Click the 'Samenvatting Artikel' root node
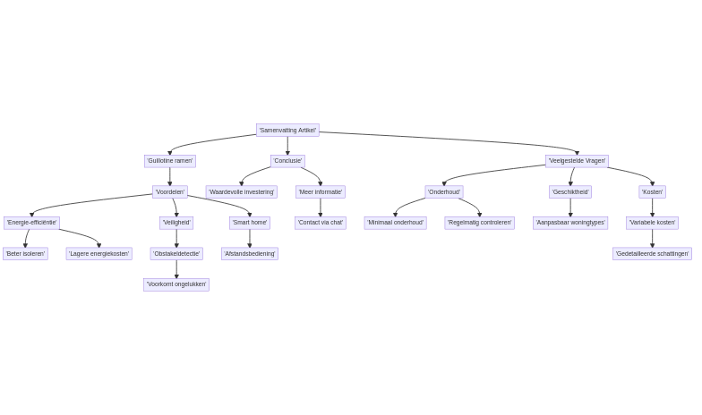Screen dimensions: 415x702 coord(287,131)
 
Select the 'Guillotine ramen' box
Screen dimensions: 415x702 coord(170,161)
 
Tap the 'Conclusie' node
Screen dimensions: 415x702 coord(287,161)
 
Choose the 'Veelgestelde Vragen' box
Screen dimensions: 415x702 coord(577,161)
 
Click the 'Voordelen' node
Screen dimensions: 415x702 coord(169,191)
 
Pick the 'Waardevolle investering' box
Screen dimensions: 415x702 coord(241,191)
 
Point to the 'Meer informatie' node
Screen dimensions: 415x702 coord(320,191)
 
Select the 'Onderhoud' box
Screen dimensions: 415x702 coord(443,191)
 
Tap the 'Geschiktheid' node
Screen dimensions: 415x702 coord(570,191)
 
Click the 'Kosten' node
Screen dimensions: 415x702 coord(652,191)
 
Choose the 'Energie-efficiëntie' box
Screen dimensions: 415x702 coord(31,223)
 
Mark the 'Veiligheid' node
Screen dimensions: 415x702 coord(176,223)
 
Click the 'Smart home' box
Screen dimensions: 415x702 coord(250,223)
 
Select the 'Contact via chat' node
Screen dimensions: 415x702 coord(320,223)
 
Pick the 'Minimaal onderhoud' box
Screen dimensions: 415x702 coord(395,223)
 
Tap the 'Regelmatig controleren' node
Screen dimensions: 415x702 coord(479,223)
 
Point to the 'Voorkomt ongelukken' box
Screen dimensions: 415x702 coord(176,284)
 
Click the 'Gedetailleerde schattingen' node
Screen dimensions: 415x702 coord(652,254)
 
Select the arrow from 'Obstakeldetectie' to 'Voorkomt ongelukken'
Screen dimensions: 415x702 coord(176,269)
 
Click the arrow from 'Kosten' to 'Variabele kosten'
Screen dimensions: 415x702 coord(652,207)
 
